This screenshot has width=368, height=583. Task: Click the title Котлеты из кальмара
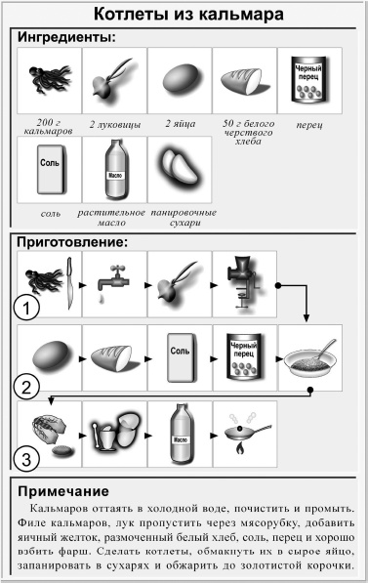tap(184, 16)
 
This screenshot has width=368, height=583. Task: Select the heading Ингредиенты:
tap(66, 38)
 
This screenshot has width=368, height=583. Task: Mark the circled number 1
tap(29, 312)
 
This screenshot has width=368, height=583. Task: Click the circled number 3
tap(29, 457)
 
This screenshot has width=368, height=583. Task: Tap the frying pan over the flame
tap(244, 429)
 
